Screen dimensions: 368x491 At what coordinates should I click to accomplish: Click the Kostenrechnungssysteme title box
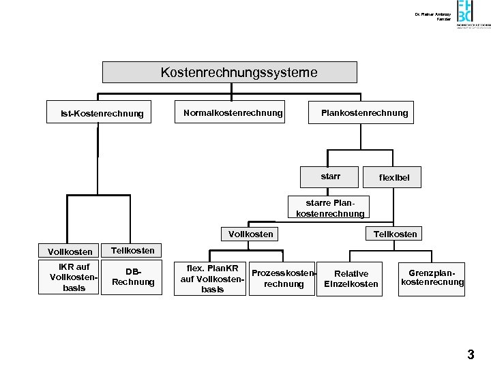[x=229, y=72]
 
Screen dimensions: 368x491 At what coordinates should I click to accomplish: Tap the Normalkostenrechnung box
[x=233, y=112]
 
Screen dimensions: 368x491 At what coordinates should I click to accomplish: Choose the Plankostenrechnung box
[x=364, y=112]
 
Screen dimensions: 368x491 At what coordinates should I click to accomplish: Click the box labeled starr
[x=331, y=177]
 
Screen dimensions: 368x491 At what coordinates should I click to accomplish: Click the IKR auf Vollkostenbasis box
[x=73, y=277]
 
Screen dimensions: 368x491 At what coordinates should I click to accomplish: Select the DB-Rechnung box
[x=133, y=277]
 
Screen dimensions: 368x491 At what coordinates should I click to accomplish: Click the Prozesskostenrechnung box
[x=284, y=278]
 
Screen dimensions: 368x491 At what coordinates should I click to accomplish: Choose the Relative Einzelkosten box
[x=351, y=278]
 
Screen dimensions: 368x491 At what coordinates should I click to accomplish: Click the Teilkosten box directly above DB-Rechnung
[x=132, y=250]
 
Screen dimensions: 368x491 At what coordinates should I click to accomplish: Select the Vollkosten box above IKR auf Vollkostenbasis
[x=70, y=252]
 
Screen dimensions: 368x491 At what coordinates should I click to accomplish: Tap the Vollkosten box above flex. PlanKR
[x=250, y=234]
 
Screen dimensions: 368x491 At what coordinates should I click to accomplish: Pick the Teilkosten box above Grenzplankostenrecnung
[x=395, y=234]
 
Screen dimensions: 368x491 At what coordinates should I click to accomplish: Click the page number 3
[x=471, y=354]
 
